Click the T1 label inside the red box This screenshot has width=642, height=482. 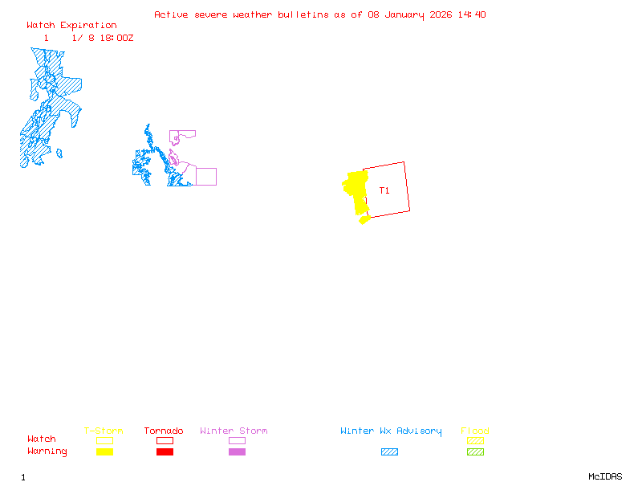[384, 190]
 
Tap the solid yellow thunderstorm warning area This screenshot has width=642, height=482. [355, 191]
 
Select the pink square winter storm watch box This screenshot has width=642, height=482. [206, 177]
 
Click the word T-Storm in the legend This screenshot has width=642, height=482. [104, 431]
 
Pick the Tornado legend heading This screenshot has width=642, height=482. [164, 431]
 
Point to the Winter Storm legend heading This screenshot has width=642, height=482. [234, 431]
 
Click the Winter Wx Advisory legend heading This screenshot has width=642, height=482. [391, 431]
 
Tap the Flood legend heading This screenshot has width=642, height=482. [475, 431]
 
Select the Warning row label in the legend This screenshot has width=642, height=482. [47, 451]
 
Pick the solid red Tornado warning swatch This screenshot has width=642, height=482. [165, 451]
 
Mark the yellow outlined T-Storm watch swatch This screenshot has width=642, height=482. [104, 440]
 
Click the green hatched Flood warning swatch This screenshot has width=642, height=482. [475, 451]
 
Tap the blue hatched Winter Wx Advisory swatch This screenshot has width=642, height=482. [389, 451]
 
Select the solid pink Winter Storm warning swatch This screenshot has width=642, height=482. [237, 451]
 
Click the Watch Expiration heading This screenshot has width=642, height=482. [71, 25]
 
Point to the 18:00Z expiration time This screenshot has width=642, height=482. [116, 38]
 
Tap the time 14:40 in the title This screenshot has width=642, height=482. [473, 14]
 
